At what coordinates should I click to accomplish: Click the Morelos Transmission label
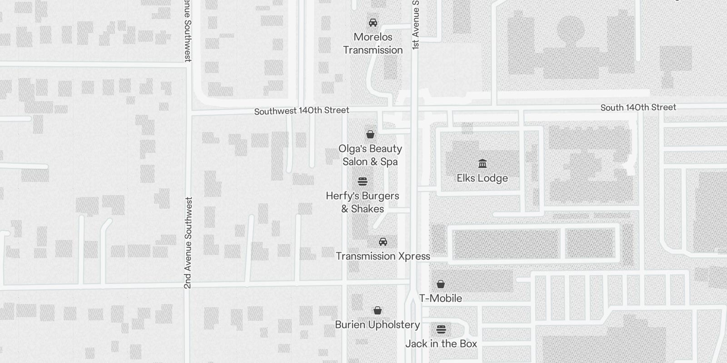pos(373,44)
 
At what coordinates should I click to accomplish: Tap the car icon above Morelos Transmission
pos(373,23)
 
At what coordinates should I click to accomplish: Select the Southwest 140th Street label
pos(302,111)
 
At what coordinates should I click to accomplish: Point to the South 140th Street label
pos(638,108)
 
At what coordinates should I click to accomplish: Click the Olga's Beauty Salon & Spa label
pos(370,155)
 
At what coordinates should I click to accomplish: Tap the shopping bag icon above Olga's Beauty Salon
pos(370,134)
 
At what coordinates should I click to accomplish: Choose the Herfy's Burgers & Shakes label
pos(363,202)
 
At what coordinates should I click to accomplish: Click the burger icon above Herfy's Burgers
pos(363,181)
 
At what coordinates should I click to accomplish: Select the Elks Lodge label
pos(482,178)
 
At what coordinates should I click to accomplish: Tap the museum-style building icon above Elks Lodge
pos(483,163)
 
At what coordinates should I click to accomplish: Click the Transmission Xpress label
pos(383,256)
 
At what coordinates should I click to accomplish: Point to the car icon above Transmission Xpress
pos(383,241)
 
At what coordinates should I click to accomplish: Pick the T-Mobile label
pos(440,298)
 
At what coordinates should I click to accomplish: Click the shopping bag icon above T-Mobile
pos(440,285)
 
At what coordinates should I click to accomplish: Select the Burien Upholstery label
pos(377,325)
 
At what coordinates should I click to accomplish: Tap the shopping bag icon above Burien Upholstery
pos(377,311)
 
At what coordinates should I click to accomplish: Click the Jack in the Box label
pos(441,344)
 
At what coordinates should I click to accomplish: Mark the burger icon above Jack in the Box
pos(441,329)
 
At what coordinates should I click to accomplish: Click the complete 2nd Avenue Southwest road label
pos(188,243)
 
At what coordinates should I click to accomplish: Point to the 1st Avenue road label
pos(416,25)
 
